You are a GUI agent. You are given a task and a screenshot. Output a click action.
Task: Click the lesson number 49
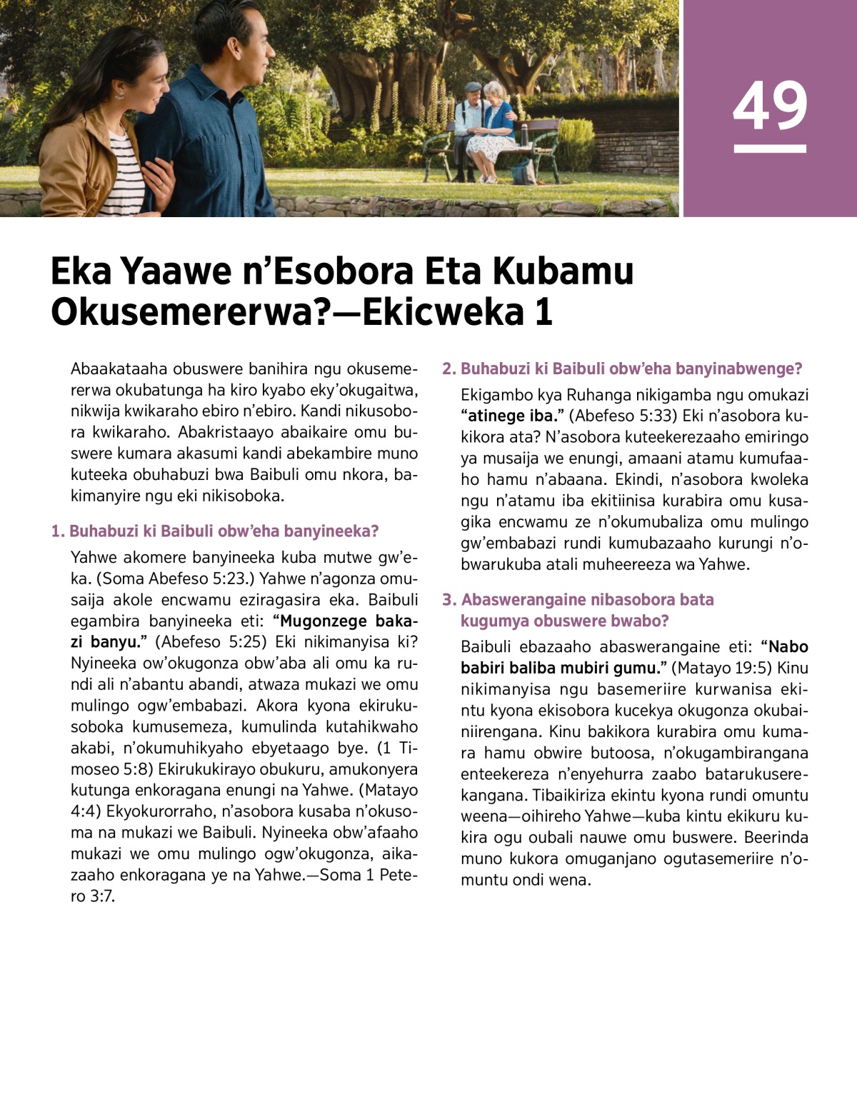[770, 106]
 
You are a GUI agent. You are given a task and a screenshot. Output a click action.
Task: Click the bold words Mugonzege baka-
[346, 621]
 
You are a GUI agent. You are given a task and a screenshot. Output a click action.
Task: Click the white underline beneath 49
[770, 149]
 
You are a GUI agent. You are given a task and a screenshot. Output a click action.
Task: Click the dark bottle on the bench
[525, 134]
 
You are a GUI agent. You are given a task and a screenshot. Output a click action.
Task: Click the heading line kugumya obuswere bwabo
[564, 621]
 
